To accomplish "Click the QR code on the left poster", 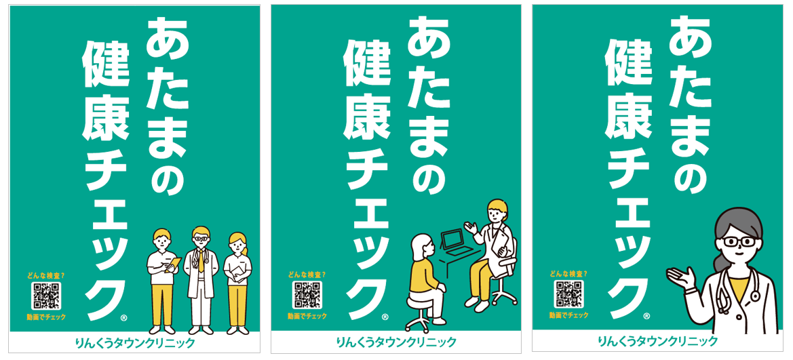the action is pyautogui.click(x=46, y=296).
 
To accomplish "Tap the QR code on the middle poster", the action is pyautogui.click(x=307, y=295).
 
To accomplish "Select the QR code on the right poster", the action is pyautogui.click(x=569, y=294).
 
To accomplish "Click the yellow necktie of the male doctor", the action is pyautogui.click(x=201, y=261).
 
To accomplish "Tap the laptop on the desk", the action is pyautogui.click(x=454, y=243).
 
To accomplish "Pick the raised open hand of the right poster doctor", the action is pyautogui.click(x=680, y=277).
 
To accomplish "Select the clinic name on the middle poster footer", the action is pyautogui.click(x=396, y=342).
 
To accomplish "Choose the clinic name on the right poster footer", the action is pyautogui.click(x=657, y=341).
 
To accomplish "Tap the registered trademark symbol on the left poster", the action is pyautogui.click(x=124, y=318).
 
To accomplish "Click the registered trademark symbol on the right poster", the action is pyautogui.click(x=647, y=316).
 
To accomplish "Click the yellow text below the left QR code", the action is pyautogui.click(x=46, y=317).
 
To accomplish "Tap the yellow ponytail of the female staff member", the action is pyautogui.click(x=246, y=249).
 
